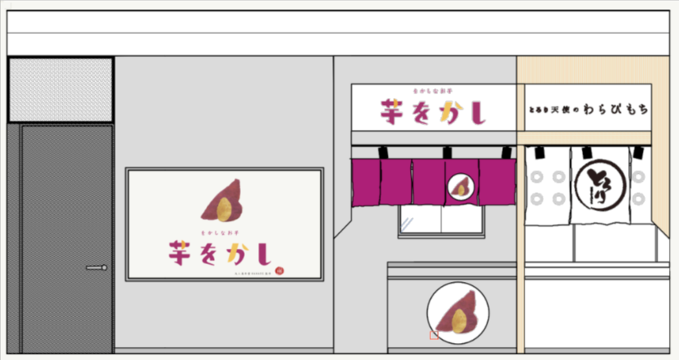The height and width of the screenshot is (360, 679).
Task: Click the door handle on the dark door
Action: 97,267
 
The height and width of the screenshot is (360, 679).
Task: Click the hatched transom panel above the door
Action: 61,89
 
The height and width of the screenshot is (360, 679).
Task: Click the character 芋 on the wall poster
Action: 183,253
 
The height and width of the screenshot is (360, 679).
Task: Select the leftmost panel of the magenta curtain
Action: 365,182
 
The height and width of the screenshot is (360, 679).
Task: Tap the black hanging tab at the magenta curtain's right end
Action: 506,153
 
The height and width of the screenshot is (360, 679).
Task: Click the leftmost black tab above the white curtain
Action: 535,152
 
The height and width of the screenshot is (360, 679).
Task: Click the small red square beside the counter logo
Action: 434,335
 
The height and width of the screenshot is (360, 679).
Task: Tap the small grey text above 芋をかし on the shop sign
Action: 432,93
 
